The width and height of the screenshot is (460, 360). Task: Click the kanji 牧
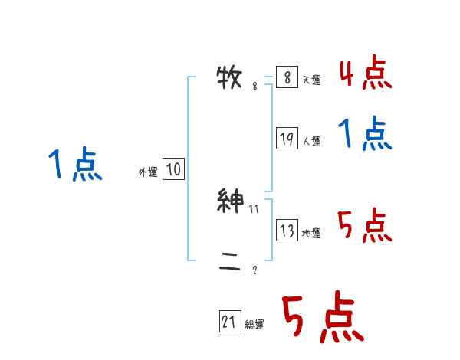click(231, 78)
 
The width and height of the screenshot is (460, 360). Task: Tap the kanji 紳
click(231, 201)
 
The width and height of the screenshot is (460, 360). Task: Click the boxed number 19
click(287, 139)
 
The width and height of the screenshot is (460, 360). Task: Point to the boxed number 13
click(287, 231)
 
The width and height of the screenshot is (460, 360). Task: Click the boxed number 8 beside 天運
click(287, 78)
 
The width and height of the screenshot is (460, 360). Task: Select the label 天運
click(311, 80)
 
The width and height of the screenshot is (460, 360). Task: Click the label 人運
click(311, 141)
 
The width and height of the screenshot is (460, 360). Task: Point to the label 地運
click(311, 234)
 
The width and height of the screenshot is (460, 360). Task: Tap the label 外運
click(148, 172)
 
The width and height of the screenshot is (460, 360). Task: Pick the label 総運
click(255, 325)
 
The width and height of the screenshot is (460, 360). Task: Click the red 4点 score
click(365, 73)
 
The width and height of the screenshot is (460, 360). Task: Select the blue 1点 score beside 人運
click(365, 134)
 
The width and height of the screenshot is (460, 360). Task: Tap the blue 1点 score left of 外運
click(74, 165)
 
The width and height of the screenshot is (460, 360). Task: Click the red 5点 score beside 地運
click(365, 226)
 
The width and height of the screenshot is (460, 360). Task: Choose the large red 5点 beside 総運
click(322, 318)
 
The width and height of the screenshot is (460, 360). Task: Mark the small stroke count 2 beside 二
click(255, 270)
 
